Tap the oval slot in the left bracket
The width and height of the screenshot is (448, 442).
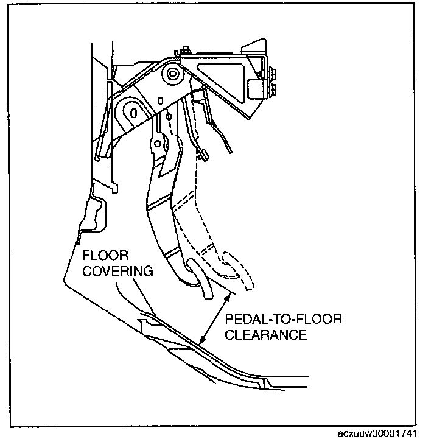click(x=131, y=110)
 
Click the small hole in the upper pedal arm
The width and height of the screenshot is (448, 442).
click(x=157, y=144)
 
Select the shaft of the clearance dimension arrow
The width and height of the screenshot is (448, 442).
click(x=215, y=320)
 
